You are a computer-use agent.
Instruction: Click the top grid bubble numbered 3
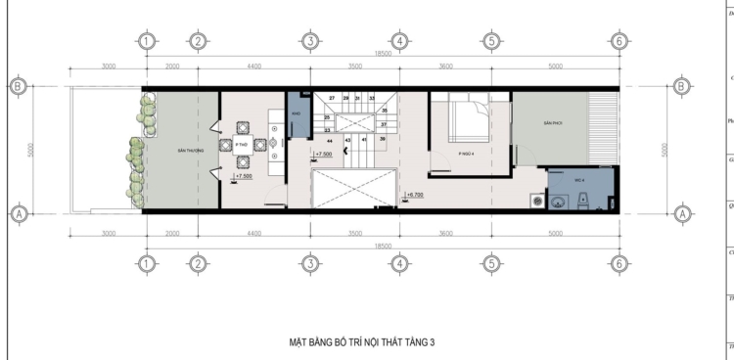tap(309, 41)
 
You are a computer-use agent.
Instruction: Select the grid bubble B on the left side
tap(19, 86)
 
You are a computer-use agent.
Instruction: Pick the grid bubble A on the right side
tap(681, 211)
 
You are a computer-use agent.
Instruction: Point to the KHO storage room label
tap(296, 113)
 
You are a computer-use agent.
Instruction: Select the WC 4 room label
tap(577, 181)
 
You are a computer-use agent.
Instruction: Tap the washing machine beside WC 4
tap(534, 202)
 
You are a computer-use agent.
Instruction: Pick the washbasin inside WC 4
tap(558, 203)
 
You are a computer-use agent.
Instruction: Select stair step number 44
tap(331, 141)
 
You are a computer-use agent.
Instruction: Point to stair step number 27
tap(332, 99)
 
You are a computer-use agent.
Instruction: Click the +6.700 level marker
tap(415, 194)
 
